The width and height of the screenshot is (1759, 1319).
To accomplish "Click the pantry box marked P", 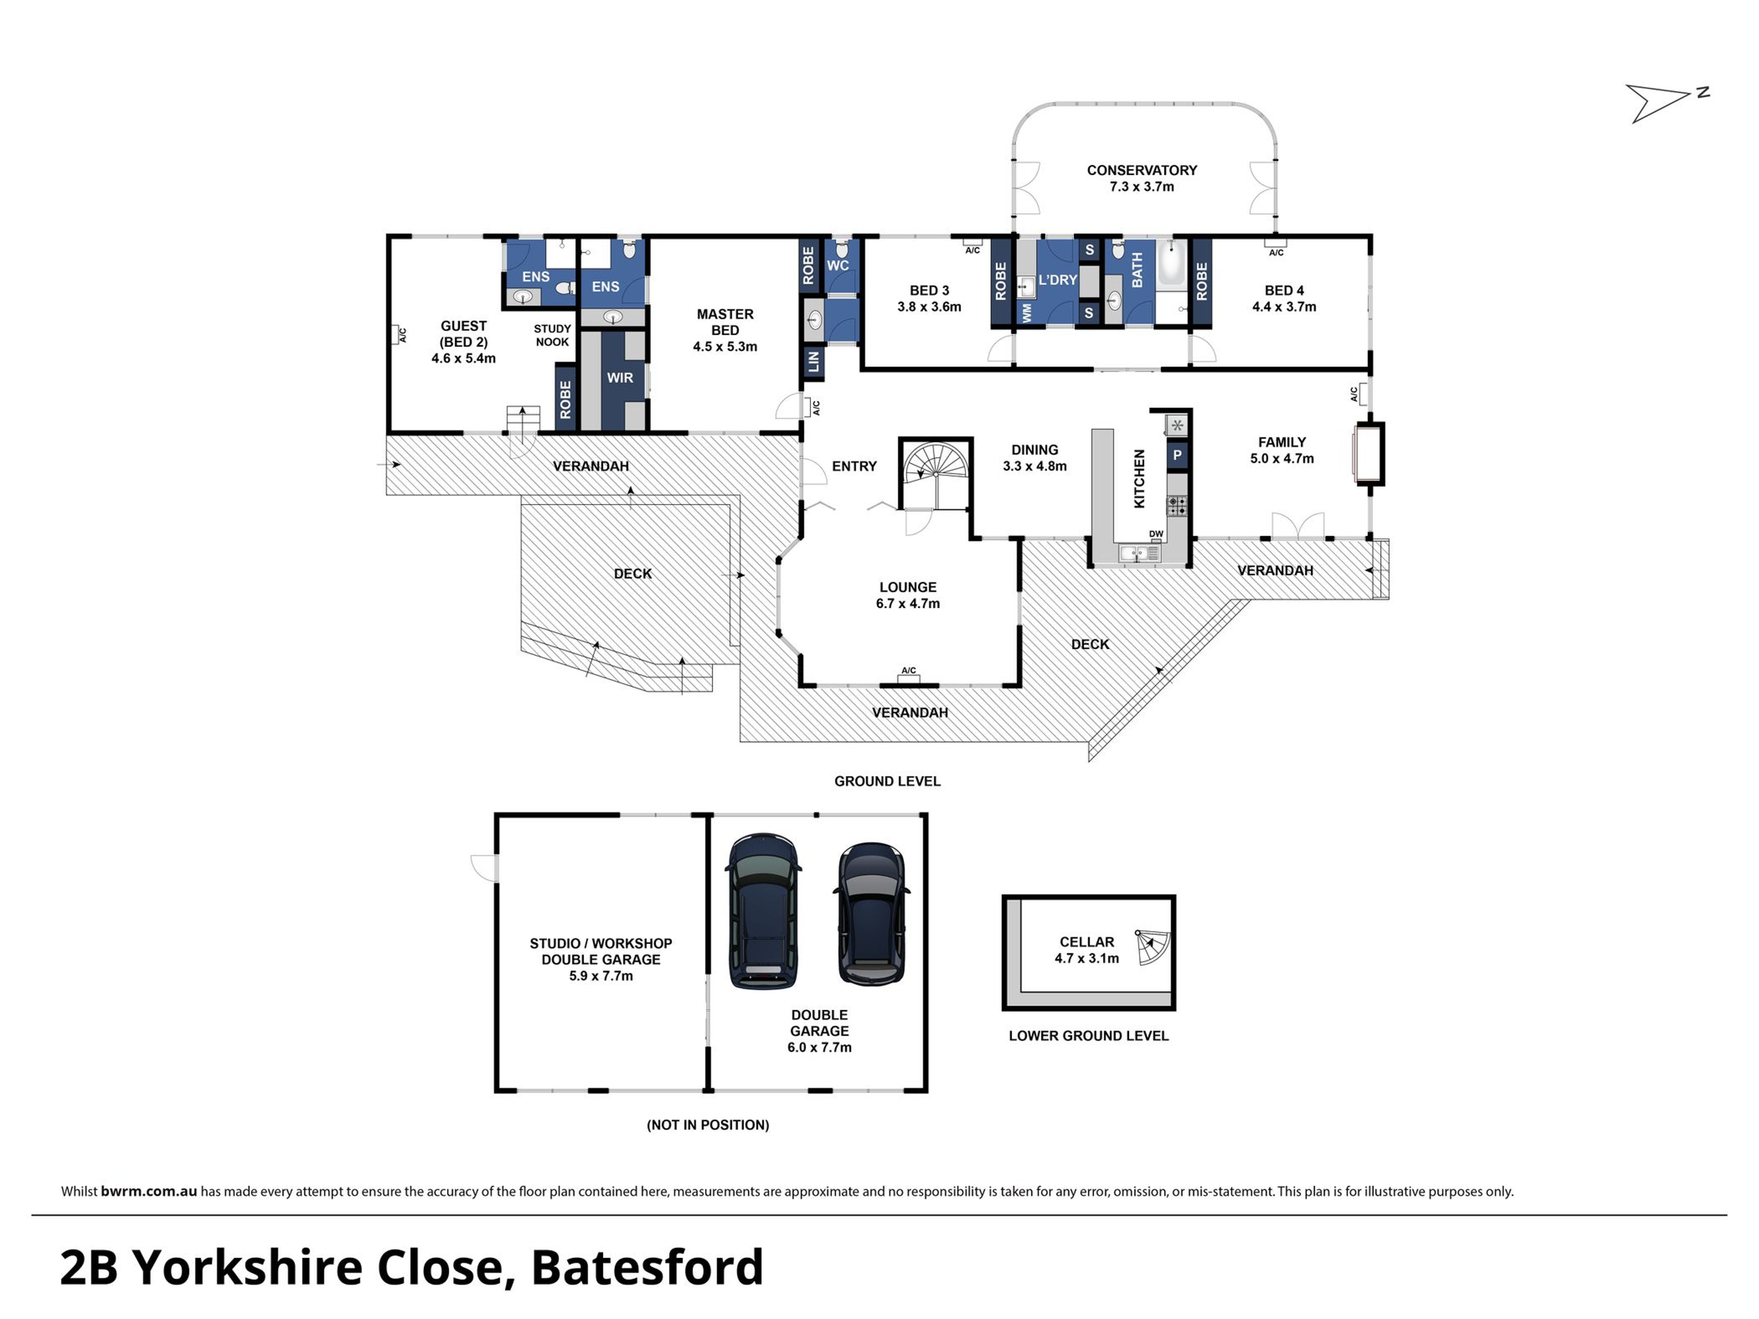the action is [1177, 455].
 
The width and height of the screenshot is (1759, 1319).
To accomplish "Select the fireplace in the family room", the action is [1368, 453].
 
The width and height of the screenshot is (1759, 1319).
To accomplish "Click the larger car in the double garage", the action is [764, 911].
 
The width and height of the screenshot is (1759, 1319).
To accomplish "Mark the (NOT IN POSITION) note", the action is [708, 1124].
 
